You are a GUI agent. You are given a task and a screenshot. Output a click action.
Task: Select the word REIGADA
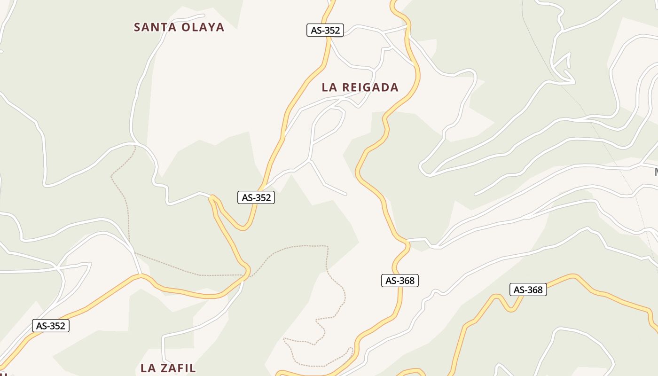coord(370,87)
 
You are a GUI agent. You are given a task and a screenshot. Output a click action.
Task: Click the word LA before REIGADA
coord(329,87)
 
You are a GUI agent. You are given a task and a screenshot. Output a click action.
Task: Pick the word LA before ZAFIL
coord(149,368)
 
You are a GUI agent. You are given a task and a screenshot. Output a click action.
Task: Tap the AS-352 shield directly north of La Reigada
coord(325,30)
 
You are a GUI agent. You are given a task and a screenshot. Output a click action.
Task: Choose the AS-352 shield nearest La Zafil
coord(51,326)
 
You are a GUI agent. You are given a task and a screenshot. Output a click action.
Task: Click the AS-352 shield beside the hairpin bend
coord(256,197)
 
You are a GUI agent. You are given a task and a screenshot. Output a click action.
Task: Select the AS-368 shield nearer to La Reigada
coord(399,281)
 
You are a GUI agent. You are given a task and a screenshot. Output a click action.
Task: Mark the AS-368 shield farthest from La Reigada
coord(528,290)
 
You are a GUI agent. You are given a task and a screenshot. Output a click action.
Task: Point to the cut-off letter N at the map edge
coord(656,172)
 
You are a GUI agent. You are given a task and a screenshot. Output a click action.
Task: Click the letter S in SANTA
coord(138,27)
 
